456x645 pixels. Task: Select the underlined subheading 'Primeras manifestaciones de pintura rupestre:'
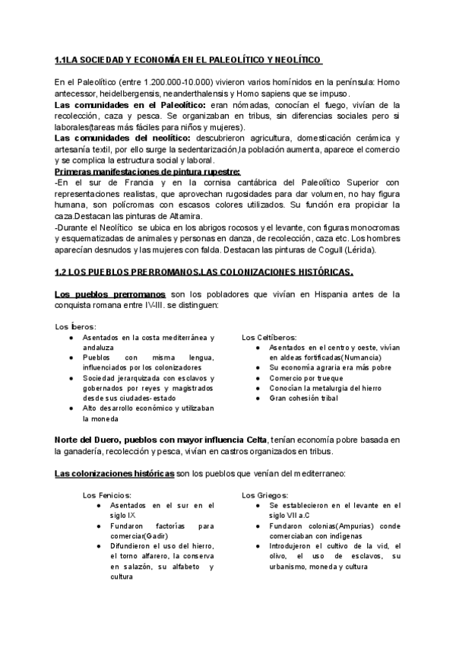(x=147, y=172)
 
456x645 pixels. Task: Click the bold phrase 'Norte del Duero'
(x=95, y=440)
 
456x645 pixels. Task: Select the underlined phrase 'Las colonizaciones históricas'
(x=113, y=474)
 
